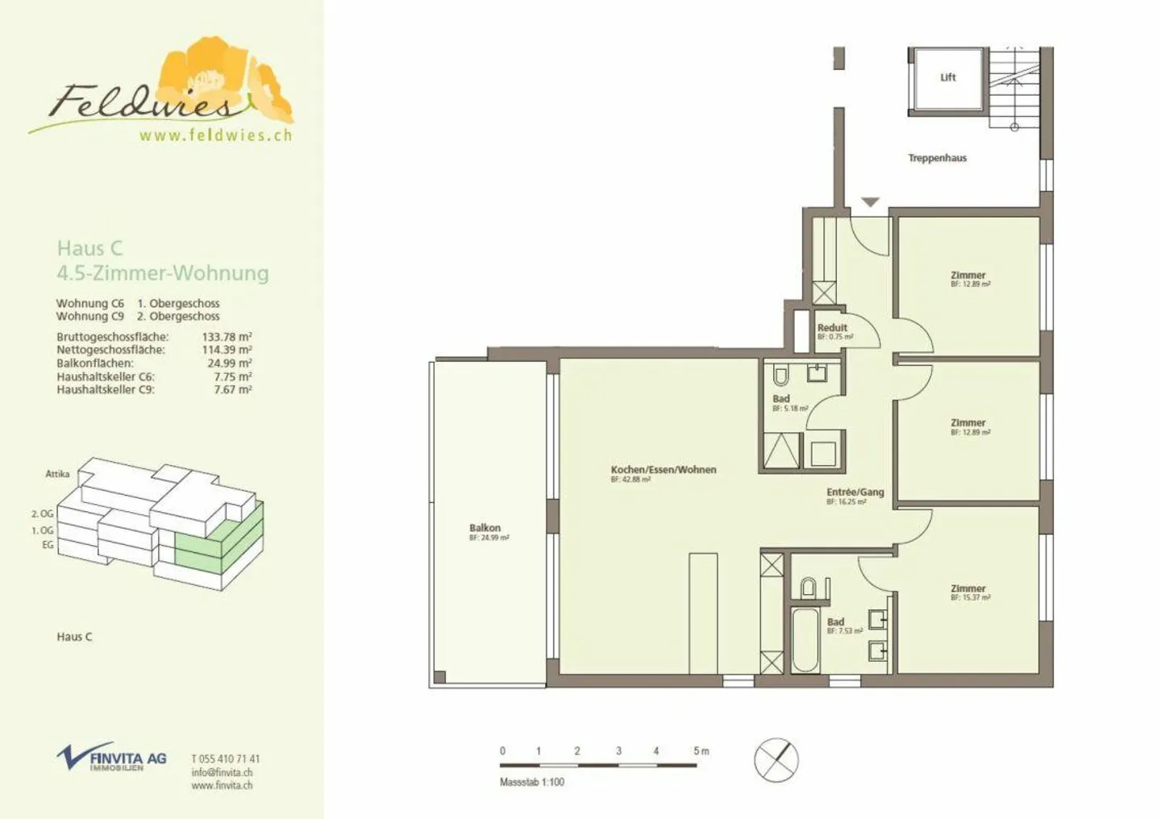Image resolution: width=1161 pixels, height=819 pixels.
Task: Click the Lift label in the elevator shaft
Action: coord(947,77)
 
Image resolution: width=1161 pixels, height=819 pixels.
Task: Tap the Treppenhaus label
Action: coord(937,158)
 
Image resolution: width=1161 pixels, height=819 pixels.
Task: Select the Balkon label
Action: coord(485,528)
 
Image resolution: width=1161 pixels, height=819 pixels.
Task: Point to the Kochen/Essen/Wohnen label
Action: coord(663,469)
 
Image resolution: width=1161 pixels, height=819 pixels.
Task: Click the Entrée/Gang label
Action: coord(855,492)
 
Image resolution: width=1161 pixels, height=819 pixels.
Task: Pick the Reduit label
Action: coord(832,327)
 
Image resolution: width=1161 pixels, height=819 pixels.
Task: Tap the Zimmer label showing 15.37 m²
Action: coord(968,589)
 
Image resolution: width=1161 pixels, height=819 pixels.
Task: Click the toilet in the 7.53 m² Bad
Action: coord(808,587)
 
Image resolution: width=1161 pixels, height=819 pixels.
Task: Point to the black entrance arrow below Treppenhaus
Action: coord(870,202)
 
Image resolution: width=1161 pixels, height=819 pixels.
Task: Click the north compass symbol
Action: coord(776,759)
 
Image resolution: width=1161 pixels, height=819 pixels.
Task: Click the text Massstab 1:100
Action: coord(532,782)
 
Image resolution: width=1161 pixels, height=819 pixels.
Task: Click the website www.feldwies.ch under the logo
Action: coord(215,135)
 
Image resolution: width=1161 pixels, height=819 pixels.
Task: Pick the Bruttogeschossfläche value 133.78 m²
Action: coord(227,337)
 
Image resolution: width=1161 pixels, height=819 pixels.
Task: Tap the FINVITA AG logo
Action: coord(112,758)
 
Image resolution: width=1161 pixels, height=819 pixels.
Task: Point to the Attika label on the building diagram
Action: coord(57,474)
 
